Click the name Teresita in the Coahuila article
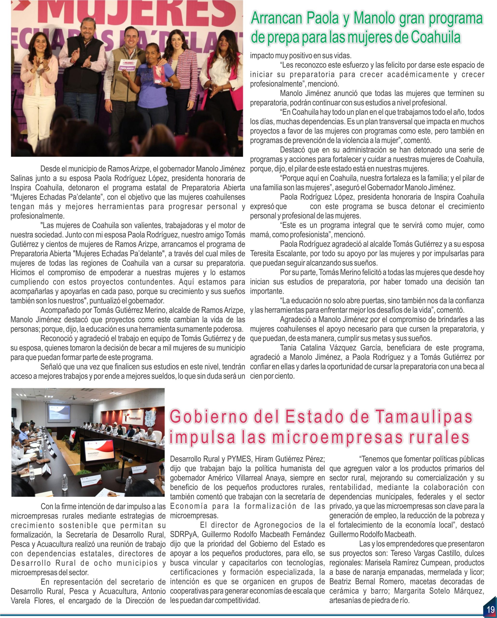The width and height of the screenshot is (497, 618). coord(263,253)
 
